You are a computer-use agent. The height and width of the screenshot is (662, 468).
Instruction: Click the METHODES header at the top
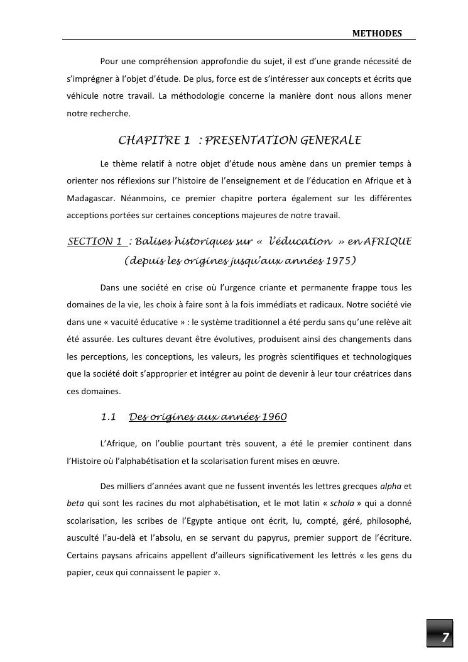tap(377, 33)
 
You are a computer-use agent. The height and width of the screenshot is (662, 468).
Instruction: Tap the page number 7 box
tap(445, 637)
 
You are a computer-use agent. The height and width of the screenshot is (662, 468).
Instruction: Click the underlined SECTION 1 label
tap(95, 241)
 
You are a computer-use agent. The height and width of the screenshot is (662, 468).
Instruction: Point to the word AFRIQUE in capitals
tap(388, 241)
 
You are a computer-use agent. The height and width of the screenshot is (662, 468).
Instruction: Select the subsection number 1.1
tap(109, 417)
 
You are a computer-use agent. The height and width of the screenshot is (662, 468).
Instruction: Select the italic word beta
tap(75, 504)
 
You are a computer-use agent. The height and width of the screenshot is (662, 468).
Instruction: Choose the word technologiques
tap(380, 357)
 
